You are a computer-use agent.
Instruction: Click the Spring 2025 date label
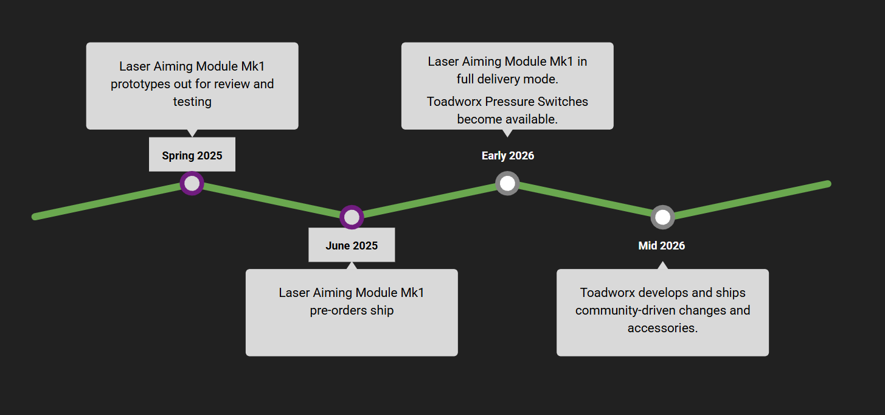coord(192,155)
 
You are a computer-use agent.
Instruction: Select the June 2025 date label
coord(352,245)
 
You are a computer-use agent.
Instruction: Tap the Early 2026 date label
coord(508,155)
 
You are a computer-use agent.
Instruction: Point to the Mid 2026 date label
coord(662,245)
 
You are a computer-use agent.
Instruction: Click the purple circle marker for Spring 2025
coord(192,183)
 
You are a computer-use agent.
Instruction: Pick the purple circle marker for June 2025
coord(352,217)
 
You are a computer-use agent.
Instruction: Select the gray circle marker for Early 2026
coord(507,183)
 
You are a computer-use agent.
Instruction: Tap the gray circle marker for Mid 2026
coord(663,217)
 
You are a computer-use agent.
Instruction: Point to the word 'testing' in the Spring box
coord(192,102)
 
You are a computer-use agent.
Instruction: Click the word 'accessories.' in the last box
coord(663,328)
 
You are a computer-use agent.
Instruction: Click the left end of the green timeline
coord(36,217)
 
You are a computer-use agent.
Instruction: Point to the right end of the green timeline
coord(827,184)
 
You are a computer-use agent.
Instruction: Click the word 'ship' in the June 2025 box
coord(382,310)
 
